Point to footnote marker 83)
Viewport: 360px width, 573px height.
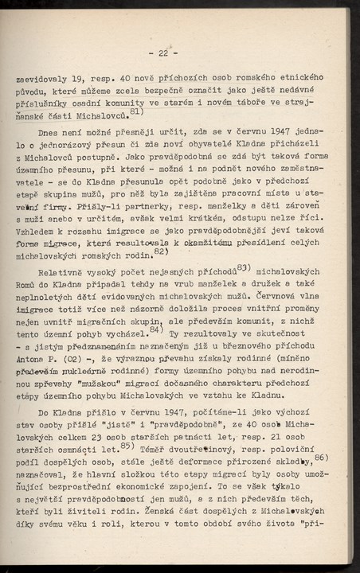click(243, 266)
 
